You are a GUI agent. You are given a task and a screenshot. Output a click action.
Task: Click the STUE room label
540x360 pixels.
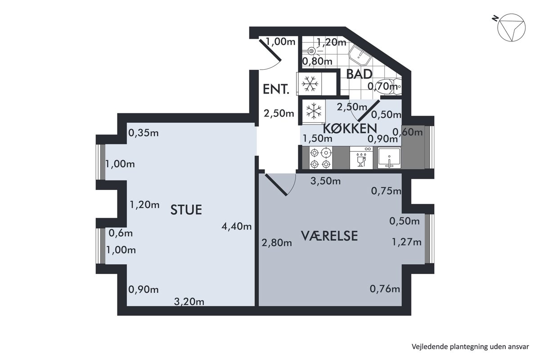click(186, 210)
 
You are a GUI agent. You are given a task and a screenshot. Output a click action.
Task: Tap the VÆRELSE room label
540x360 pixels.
click(329, 236)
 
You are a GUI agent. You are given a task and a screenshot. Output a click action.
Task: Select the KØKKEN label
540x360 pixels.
click(350, 129)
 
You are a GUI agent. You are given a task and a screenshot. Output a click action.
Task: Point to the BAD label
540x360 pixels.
click(359, 74)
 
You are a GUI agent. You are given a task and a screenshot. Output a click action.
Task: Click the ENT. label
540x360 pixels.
click(276, 89)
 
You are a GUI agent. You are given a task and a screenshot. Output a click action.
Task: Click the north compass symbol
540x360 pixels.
click(510, 27)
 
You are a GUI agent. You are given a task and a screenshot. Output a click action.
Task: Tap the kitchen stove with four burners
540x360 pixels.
click(320, 158)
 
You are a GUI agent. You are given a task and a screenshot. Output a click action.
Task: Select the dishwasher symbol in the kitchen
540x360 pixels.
click(361, 158)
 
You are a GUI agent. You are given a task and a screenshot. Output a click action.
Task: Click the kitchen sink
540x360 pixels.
click(389, 158)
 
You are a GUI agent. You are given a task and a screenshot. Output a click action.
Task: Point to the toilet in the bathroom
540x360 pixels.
click(389, 86)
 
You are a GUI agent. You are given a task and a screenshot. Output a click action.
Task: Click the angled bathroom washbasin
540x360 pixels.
click(360, 55)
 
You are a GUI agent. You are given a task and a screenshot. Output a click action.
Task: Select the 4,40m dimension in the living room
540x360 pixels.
click(237, 226)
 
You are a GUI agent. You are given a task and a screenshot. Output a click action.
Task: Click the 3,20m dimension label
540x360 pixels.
click(189, 301)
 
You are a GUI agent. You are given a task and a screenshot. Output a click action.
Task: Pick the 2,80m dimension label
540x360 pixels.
click(277, 243)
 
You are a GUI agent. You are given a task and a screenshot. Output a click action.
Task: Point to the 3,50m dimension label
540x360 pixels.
click(325, 181)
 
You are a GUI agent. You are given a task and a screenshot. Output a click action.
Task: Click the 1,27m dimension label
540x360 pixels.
click(407, 242)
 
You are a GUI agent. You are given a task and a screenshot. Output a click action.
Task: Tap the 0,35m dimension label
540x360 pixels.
click(144, 133)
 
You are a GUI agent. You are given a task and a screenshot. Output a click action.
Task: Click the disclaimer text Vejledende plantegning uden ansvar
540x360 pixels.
click(470, 347)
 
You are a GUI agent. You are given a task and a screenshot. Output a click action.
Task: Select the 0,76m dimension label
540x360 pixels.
click(385, 289)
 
